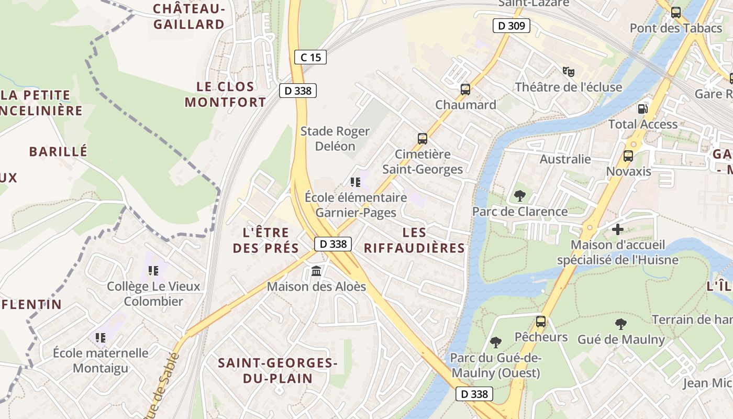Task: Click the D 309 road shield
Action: coord(512,26)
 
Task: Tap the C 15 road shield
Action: coord(310,57)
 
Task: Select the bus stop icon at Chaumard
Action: coord(465,90)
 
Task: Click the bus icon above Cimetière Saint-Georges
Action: coord(423,139)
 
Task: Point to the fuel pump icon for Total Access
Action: coord(642,109)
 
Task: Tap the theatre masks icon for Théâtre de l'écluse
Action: coord(568,71)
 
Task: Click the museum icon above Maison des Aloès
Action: coord(316,271)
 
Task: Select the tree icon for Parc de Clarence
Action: coord(520,196)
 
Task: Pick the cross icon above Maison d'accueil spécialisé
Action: coord(618,229)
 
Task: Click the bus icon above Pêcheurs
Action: coord(541,321)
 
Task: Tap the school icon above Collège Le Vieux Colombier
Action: coord(153,271)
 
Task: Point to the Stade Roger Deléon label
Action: coord(335,139)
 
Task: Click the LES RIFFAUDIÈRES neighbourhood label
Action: coord(414,240)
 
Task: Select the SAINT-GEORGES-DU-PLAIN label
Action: coord(277,370)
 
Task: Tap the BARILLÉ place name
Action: coord(58,152)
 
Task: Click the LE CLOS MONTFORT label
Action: coord(225,94)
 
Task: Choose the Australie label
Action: coord(565,159)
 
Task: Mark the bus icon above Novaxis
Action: coord(628,156)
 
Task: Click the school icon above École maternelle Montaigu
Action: coord(101,338)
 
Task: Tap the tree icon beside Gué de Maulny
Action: coord(621,324)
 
